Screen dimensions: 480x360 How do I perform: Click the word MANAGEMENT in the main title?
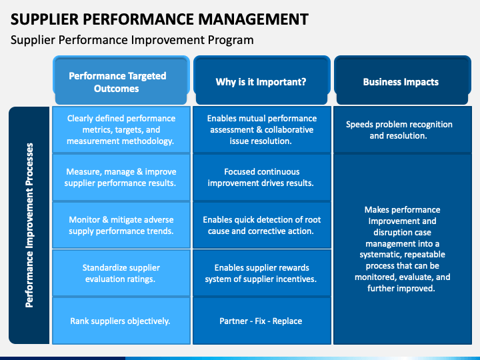(x=253, y=19)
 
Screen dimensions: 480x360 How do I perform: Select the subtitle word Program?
(x=231, y=40)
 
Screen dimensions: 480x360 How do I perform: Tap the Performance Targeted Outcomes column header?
(x=121, y=80)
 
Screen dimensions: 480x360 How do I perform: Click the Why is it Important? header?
(x=262, y=80)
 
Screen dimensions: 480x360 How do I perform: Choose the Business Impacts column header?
(x=403, y=80)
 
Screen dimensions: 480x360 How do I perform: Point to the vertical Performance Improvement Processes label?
(x=29, y=225)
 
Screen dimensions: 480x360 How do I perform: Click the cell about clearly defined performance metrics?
(x=121, y=129)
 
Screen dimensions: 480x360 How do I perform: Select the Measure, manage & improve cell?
(x=121, y=177)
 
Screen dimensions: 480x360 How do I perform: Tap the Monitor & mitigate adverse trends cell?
(x=121, y=225)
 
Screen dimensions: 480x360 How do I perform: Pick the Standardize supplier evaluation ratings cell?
(x=121, y=273)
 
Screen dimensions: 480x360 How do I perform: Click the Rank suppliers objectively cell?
(x=121, y=321)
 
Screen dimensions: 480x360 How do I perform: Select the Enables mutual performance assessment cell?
(x=262, y=129)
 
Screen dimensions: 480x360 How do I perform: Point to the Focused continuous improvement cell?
(x=262, y=177)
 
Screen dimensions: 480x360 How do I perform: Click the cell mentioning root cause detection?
(x=262, y=225)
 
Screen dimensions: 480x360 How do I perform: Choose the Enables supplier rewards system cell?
(x=262, y=273)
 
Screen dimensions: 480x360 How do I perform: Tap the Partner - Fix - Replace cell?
(x=262, y=321)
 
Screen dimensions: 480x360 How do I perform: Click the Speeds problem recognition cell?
(x=403, y=129)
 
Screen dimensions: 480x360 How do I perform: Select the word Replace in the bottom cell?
(x=287, y=321)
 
